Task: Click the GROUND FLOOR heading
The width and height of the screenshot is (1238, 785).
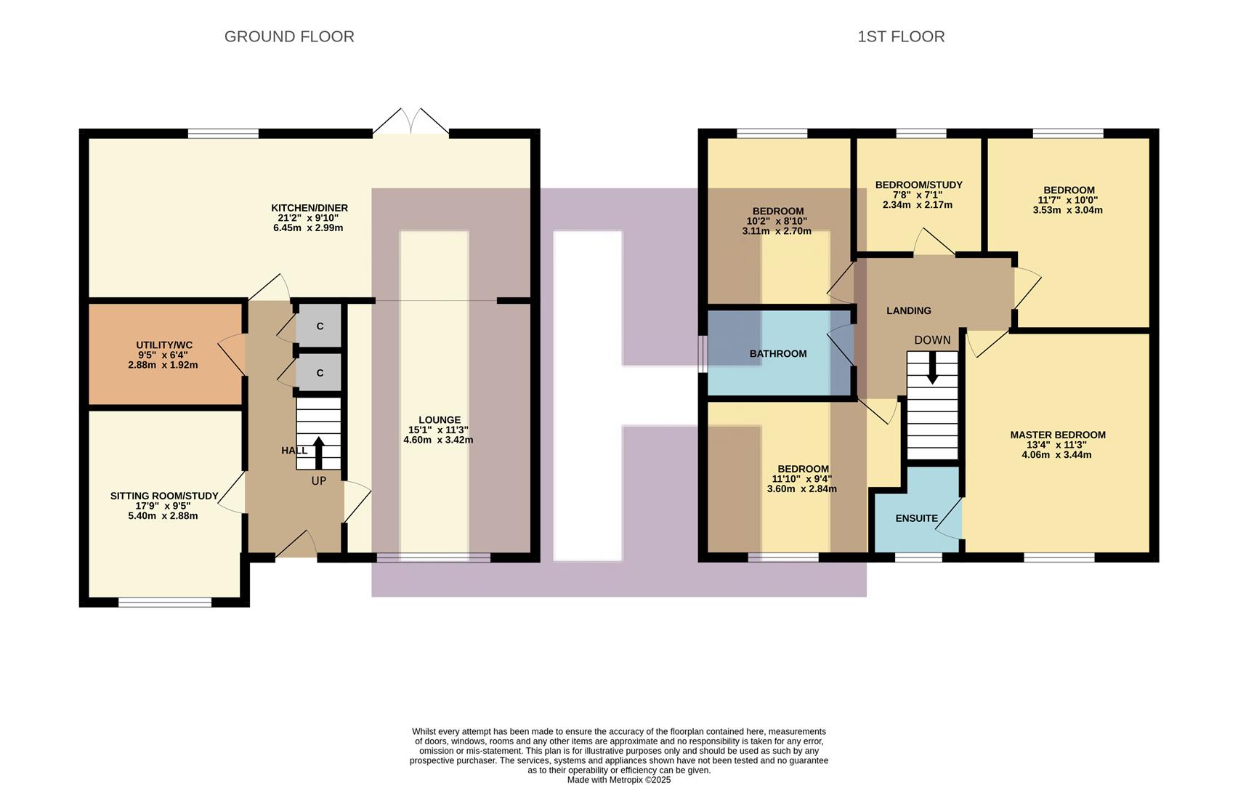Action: (x=289, y=36)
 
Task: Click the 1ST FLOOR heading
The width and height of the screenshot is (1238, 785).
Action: (x=901, y=36)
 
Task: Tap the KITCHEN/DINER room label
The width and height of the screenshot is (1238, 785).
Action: (x=309, y=208)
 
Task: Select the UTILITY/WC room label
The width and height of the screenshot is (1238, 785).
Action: (x=164, y=345)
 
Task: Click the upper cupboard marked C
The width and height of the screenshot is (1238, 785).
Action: (x=320, y=326)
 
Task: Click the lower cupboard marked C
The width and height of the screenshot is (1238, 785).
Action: (x=320, y=373)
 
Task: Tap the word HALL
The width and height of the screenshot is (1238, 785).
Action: (x=294, y=451)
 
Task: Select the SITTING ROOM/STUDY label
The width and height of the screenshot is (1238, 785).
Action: (x=164, y=496)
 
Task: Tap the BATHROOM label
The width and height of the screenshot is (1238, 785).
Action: (x=778, y=354)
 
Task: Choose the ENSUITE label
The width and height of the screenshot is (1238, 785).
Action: (x=916, y=518)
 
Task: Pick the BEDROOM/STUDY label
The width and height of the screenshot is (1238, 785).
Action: (x=918, y=185)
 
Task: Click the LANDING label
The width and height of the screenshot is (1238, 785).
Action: (x=908, y=310)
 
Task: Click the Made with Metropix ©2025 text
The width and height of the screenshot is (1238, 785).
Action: (x=618, y=780)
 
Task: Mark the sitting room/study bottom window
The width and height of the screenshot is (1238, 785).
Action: (x=165, y=602)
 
